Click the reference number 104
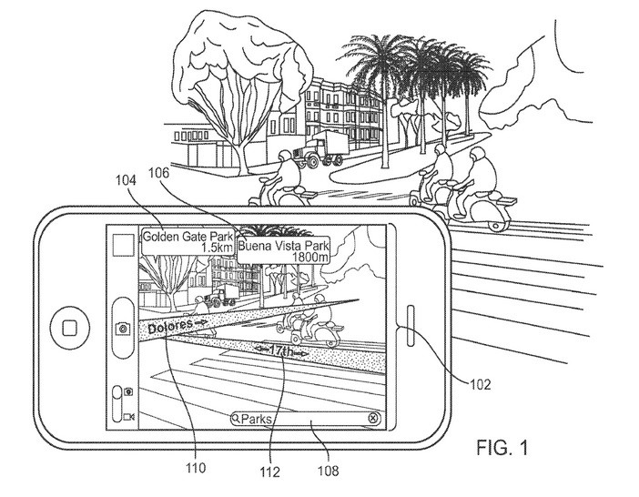tap(126, 180)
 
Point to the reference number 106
tap(158, 173)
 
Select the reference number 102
tap(480, 384)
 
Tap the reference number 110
tap(196, 468)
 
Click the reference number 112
tap(270, 472)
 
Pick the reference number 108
tap(328, 471)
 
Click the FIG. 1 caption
tap(502, 448)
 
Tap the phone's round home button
tap(70, 327)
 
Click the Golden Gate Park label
tap(188, 241)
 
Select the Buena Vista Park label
tap(284, 251)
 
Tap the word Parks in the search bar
tap(257, 419)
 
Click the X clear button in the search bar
tap(373, 418)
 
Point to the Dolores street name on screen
tap(170, 326)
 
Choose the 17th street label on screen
tap(281, 350)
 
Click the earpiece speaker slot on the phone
tap(411, 326)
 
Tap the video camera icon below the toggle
tap(128, 417)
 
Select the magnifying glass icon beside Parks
tap(237, 419)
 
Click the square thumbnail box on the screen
tap(123, 245)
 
